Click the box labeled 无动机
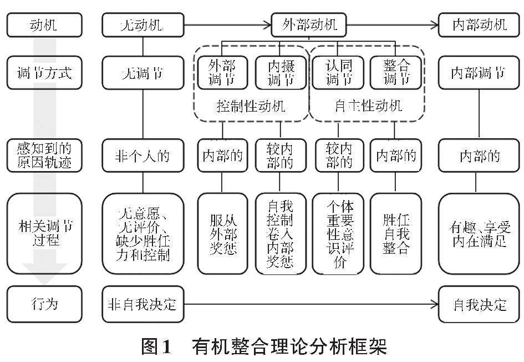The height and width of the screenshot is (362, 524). click(143, 25)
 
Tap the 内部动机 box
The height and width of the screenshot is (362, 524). click(480, 25)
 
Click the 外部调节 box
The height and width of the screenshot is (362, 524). click(222, 73)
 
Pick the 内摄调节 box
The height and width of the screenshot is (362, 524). click(281, 73)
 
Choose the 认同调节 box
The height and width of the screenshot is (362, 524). click(338, 73)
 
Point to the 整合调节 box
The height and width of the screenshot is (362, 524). click(396, 73)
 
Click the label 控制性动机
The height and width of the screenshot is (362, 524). click(251, 105)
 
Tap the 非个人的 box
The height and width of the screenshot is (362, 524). click(143, 156)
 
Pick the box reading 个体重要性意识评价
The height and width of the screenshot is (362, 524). click(339, 233)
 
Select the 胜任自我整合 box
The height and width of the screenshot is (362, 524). click(396, 233)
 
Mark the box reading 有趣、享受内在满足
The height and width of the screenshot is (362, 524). click(480, 233)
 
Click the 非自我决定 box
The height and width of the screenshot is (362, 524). click(143, 304)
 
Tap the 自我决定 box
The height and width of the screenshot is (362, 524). click(480, 304)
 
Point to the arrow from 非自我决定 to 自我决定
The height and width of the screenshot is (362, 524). click(311, 304)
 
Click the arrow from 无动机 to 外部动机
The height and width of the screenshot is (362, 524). click(227, 24)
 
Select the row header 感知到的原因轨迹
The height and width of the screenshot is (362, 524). click(44, 156)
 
